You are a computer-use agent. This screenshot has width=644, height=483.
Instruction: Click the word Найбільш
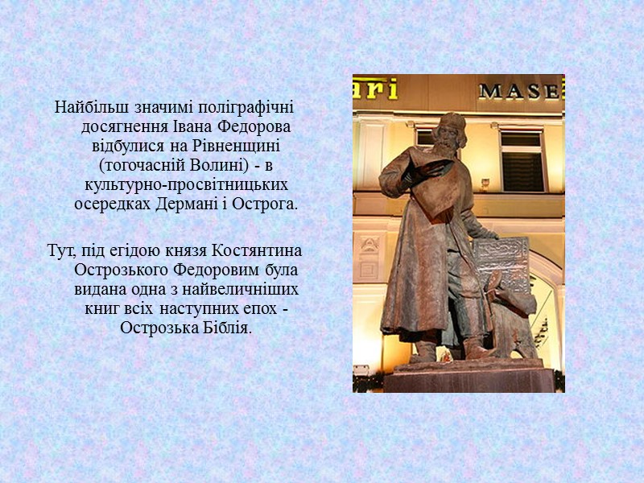pyautogui.click(x=85, y=107)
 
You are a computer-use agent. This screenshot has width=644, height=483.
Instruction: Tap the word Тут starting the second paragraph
pyautogui.click(x=60, y=250)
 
